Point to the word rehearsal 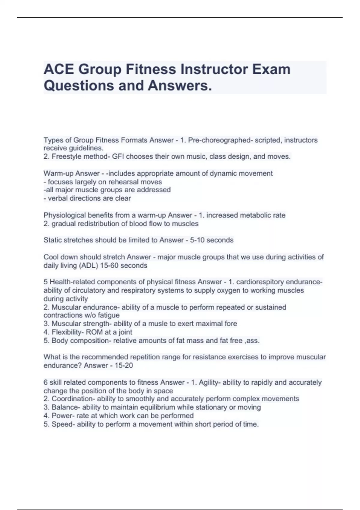pyautogui.click(x=124, y=182)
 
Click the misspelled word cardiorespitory pyautogui.click(x=260, y=282)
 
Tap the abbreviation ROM pyautogui.click(x=94, y=332)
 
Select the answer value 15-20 pyautogui.click(x=124, y=365)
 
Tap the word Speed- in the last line pyautogui.click(x=63, y=424)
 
